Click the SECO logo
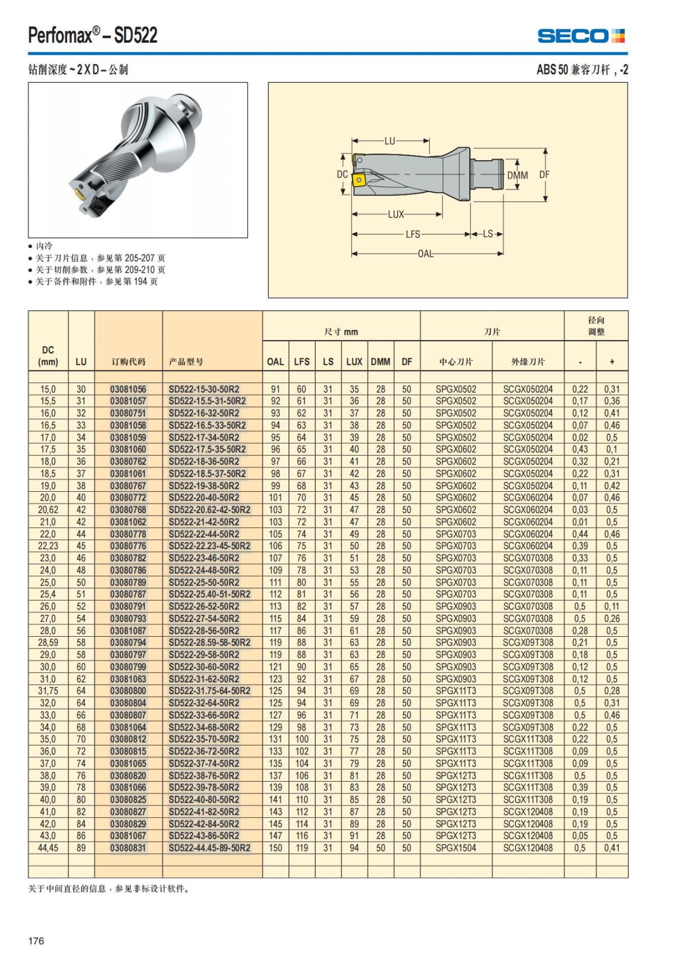pos(581,36)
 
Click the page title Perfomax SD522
pos(93,36)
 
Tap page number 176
pos(36,941)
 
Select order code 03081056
pos(128,389)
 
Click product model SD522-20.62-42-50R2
pos(210,510)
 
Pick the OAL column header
pos(275,361)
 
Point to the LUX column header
pos(354,361)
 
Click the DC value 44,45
pos(48,848)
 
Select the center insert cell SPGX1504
pos(456,848)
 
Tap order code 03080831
pos(128,848)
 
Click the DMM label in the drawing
pos(517,175)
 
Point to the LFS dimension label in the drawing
pos(413,234)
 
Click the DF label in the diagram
pos(544,175)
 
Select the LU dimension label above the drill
pos(390,141)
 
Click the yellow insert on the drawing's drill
pos(358,180)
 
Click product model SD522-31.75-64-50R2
pos(210,691)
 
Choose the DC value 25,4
pos(48,594)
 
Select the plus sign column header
pos(612,361)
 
